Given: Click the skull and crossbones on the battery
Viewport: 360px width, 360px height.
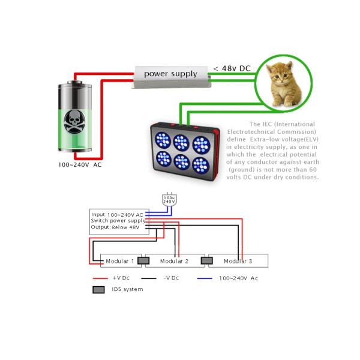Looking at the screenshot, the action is tap(74, 121).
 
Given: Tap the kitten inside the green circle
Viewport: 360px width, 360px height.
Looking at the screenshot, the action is tap(284, 84).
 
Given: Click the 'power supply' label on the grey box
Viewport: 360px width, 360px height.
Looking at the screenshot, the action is tap(170, 74).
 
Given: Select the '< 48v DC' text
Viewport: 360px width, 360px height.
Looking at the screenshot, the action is tap(232, 68).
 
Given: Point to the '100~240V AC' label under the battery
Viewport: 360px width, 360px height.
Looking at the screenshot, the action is tap(80, 165).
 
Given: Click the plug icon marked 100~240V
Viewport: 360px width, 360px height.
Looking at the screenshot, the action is tap(169, 200).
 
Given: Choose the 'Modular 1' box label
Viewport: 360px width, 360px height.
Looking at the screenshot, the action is tap(119, 261).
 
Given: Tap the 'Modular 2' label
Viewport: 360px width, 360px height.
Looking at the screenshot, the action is tap(174, 261).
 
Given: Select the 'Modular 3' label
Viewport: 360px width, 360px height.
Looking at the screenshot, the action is tap(238, 261).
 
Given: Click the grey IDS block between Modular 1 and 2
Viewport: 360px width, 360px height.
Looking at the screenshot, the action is tap(143, 260).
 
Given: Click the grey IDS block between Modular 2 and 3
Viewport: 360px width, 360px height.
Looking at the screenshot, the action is tap(206, 260).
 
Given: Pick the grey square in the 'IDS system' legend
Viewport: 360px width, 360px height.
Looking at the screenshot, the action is tap(98, 290).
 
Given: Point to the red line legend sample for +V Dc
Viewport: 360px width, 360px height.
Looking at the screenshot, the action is tap(100, 278).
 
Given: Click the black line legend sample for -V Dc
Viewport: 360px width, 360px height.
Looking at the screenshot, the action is tap(149, 278).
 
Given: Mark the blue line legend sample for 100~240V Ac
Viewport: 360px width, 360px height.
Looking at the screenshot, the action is tap(205, 278).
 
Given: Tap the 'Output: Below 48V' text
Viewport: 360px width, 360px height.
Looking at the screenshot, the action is tap(115, 227).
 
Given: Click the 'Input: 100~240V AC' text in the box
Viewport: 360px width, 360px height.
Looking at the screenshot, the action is tap(117, 215).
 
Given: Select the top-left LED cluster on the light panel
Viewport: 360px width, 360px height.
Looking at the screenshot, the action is tap(163, 140).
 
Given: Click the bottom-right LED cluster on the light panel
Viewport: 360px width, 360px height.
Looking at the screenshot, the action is tap(201, 166).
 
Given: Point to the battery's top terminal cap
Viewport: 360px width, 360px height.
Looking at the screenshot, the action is tap(74, 82).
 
